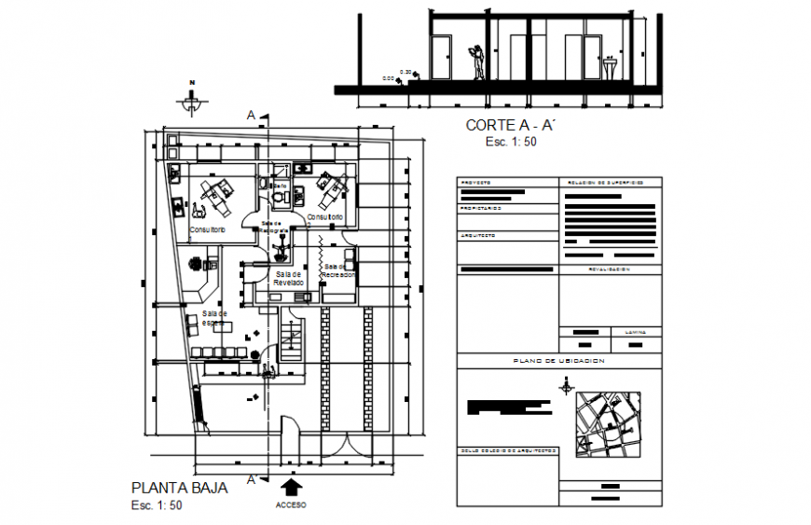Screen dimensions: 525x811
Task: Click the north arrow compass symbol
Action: pos(191,95)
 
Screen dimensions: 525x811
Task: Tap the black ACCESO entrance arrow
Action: pos(290,487)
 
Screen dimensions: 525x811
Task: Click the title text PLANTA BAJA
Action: pos(179,487)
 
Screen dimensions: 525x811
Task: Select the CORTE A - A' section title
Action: pos(510,125)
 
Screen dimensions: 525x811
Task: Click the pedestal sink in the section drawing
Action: pos(612,68)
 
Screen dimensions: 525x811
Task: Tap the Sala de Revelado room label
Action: pos(289,277)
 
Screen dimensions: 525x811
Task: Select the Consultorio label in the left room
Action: pos(209,229)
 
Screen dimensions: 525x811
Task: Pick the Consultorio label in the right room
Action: pos(324,217)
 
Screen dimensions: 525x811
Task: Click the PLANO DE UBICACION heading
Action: pos(559,360)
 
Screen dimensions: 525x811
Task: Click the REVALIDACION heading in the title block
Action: pos(610,269)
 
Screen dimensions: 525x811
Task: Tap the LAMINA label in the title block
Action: pos(636,331)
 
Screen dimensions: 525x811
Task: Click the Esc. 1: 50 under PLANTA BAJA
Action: pos(157,505)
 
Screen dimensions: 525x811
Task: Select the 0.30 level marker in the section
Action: pos(405,72)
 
